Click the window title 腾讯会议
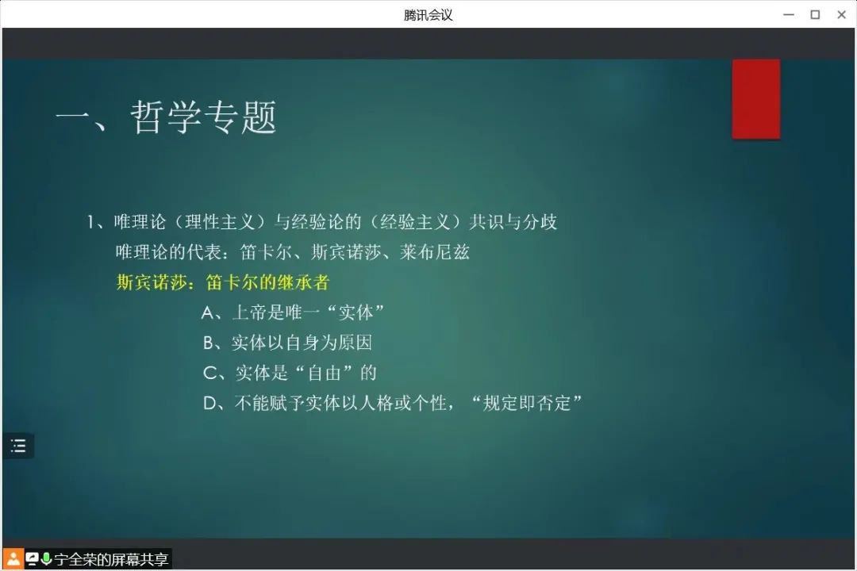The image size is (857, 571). [428, 15]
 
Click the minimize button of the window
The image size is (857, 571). [789, 15]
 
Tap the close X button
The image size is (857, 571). [842, 15]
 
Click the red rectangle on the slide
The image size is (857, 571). [756, 99]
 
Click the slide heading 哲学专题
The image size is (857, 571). [204, 117]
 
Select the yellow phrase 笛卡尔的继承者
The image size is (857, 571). [268, 282]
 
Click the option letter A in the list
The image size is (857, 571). [207, 312]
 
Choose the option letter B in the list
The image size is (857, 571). [208, 343]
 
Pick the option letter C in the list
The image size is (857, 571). [209, 373]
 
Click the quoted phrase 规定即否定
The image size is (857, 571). [526, 403]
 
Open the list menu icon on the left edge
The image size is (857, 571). [18, 446]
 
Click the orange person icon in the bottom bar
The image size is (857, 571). [13, 559]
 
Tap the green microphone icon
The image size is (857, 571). [46, 558]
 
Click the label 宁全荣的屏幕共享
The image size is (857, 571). [112, 560]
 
